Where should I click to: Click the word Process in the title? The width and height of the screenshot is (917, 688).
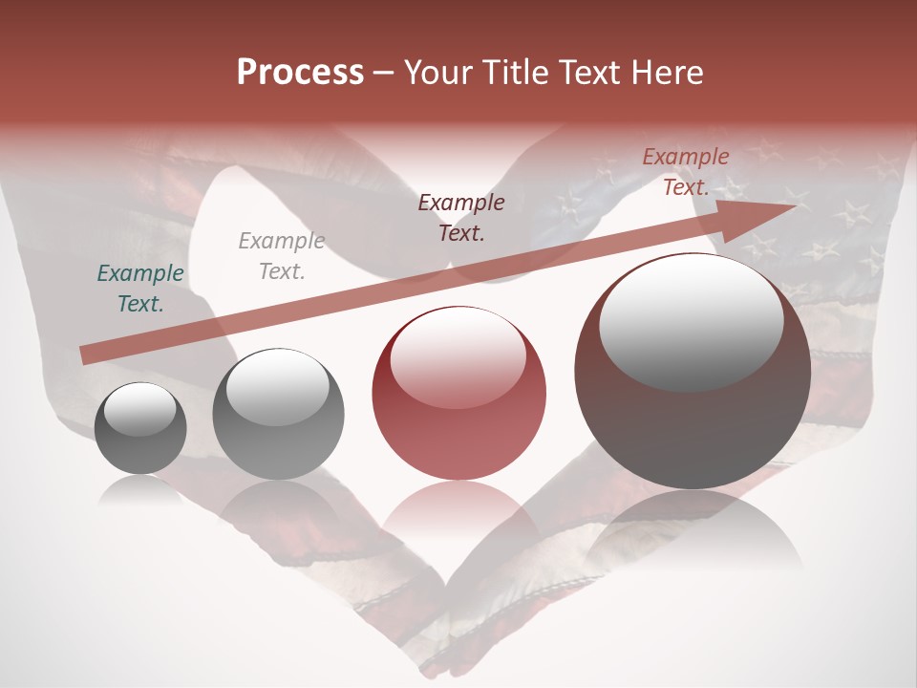(x=300, y=73)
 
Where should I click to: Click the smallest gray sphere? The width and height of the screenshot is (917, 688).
(x=140, y=428)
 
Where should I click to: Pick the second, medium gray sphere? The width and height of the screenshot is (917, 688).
(x=278, y=415)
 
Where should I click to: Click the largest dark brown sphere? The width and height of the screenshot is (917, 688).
(x=693, y=372)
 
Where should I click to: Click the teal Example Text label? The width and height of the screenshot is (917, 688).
(x=140, y=289)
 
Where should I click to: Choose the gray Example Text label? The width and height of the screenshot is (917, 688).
(x=281, y=256)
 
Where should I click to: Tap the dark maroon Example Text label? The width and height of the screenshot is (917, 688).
(x=461, y=217)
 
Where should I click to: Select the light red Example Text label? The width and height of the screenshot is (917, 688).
(x=685, y=172)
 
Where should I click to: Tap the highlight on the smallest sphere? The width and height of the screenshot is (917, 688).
(x=140, y=409)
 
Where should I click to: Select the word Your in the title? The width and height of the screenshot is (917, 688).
(x=437, y=73)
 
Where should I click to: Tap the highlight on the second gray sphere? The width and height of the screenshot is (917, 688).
(x=278, y=386)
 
